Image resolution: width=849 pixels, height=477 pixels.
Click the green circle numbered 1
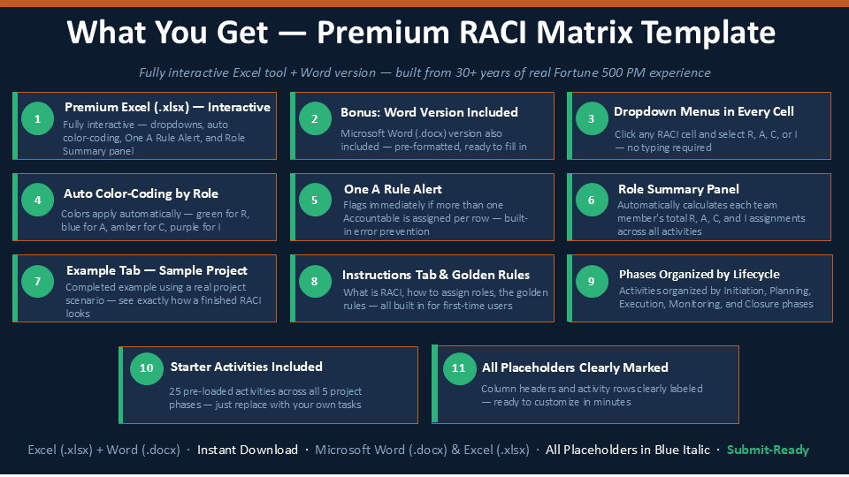tap(37, 118)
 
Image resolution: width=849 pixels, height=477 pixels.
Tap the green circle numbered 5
tap(315, 200)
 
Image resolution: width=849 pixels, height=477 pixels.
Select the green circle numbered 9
tap(592, 281)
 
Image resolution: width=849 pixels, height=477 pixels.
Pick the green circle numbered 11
tap(459, 368)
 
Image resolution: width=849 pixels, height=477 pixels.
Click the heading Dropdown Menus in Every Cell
tap(703, 111)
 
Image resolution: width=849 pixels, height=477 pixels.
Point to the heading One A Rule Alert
tap(393, 189)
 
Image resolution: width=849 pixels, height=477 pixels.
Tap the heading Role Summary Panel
tap(678, 189)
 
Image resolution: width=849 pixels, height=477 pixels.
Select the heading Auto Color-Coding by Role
tap(141, 193)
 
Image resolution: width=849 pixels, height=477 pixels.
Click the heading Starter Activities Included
tap(247, 367)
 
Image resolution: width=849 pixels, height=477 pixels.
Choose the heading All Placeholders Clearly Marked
tap(575, 367)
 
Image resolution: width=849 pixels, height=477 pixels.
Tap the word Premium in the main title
tap(383, 33)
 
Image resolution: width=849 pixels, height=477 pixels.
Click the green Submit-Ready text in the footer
tap(768, 450)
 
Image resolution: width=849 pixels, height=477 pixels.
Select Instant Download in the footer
tap(248, 450)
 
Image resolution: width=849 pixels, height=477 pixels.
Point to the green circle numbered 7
tap(37, 281)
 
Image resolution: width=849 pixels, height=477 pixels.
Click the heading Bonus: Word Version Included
tap(430, 112)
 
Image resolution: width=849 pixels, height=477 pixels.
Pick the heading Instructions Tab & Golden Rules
tap(436, 275)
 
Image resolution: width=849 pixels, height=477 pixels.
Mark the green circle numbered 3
tap(592, 118)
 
